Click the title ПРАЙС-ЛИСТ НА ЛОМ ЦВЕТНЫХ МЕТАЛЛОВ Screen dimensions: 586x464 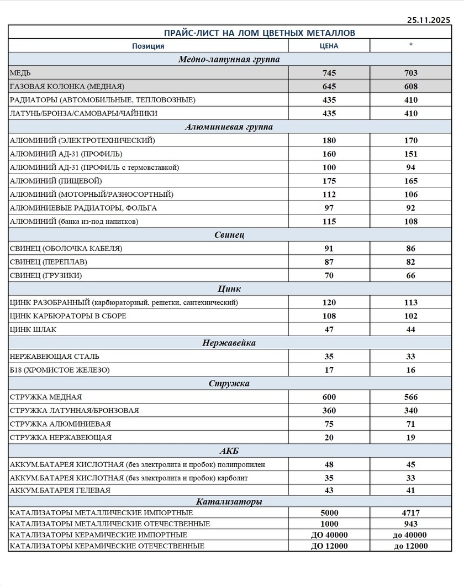click(x=260, y=33)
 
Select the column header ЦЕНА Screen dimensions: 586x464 click(x=329, y=46)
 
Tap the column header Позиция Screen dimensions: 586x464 click(x=148, y=46)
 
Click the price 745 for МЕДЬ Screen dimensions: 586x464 click(x=329, y=73)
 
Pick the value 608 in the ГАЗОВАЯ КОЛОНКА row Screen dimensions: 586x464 click(x=410, y=86)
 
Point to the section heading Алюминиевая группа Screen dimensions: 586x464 click(x=229, y=127)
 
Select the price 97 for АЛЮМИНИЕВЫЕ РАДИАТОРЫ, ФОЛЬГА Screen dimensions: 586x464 click(x=329, y=208)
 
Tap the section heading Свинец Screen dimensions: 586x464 click(x=229, y=235)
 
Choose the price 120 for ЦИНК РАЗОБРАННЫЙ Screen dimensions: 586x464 click(x=329, y=302)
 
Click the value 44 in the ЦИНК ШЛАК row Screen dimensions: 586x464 click(x=410, y=329)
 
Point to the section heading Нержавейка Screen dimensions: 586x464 click(x=229, y=343)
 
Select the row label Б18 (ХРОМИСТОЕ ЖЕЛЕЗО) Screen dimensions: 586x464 click(x=60, y=370)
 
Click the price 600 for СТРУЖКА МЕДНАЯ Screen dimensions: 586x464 click(x=329, y=397)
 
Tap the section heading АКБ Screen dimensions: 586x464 click(x=229, y=451)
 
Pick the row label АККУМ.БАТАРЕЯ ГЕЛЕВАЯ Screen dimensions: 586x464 click(x=60, y=490)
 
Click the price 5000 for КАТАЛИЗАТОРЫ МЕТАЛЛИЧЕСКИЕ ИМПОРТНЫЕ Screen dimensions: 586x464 click(x=329, y=513)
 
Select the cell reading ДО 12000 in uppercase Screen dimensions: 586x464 click(x=329, y=546)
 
